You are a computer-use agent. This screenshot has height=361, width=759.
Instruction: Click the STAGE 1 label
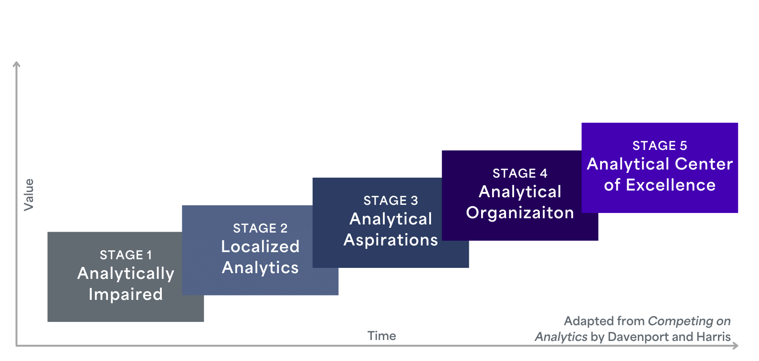[x=126, y=255]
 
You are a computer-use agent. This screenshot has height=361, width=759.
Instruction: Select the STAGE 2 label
[x=260, y=228]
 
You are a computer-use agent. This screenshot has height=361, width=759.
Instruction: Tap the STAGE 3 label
[x=390, y=201]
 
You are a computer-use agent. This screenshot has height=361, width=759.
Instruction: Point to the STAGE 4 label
[x=520, y=173]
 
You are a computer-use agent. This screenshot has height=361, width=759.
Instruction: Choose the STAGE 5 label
[x=660, y=146]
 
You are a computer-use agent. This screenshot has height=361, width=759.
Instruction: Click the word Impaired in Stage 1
[x=126, y=294]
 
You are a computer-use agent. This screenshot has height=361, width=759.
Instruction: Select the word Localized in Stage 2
[x=260, y=246]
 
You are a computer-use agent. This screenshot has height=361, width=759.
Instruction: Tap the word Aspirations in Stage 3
[x=390, y=240]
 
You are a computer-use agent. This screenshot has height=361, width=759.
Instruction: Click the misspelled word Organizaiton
[x=520, y=213]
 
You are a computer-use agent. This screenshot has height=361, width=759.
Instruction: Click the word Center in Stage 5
[x=704, y=164]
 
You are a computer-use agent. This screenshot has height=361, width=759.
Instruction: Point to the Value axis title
[x=29, y=195]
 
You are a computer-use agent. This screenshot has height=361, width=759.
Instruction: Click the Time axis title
[x=381, y=336]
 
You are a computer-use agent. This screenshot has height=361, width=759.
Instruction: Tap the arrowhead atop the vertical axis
[x=16, y=64]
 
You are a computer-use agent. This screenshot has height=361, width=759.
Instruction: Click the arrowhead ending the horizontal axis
[x=736, y=345]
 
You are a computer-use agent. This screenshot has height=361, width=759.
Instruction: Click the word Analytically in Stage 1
[x=126, y=274]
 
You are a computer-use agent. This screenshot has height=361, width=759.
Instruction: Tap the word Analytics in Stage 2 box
[x=260, y=268]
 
